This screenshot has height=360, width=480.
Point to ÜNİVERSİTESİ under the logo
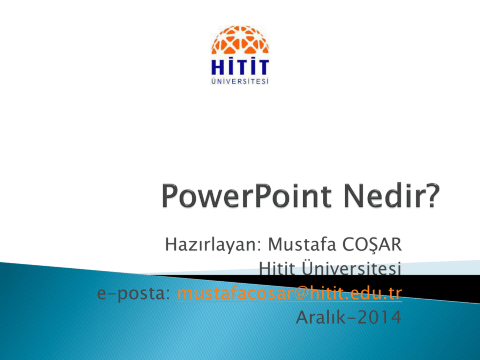(240, 81)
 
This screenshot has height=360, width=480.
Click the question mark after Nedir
(431, 196)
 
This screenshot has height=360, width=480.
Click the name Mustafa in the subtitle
(302, 244)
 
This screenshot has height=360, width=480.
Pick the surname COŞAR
(372, 245)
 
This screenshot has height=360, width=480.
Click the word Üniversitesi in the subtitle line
(351, 268)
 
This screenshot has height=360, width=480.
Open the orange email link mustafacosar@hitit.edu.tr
(289, 293)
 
